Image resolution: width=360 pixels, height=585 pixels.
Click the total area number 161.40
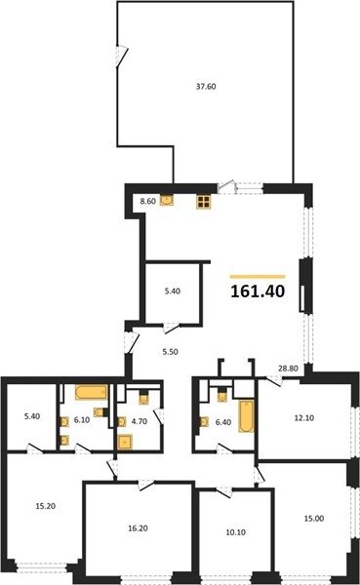click(258, 291)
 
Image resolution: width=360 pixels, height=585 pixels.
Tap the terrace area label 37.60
click(206, 87)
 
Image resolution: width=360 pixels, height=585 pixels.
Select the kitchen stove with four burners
click(204, 202)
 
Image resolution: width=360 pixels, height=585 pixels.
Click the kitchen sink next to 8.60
click(166, 200)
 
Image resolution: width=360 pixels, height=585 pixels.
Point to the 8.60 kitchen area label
click(147, 202)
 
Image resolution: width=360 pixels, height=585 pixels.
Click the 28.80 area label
click(288, 369)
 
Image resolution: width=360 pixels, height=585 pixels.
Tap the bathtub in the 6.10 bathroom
click(91, 392)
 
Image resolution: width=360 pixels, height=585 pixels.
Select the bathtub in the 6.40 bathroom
click(246, 416)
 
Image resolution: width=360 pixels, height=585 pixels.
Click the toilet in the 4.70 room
click(143, 398)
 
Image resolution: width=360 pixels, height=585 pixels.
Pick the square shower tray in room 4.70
click(125, 442)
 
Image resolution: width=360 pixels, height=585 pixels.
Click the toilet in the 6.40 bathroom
click(221, 395)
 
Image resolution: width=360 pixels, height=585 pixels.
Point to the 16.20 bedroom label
click(139, 528)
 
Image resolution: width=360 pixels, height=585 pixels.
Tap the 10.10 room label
click(236, 532)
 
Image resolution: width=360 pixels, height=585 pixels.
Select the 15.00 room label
click(314, 519)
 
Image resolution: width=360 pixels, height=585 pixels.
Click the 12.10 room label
click(304, 418)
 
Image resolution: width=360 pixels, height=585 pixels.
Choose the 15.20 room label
click(46, 506)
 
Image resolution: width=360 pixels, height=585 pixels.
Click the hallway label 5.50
click(170, 352)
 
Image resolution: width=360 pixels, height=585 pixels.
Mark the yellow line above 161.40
click(258, 277)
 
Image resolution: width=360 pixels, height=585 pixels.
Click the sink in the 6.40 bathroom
click(204, 421)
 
